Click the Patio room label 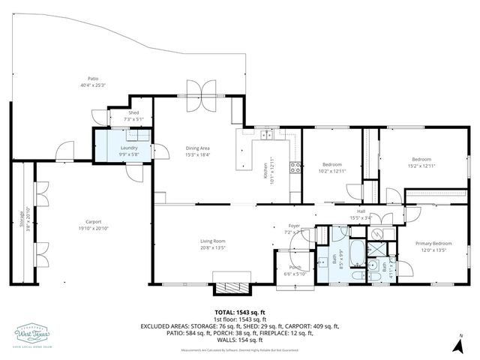pos(93,78)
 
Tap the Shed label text pos(133,112)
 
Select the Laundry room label pos(128,148)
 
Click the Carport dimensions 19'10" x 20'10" pos(93,228)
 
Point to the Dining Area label pos(199,148)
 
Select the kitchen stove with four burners pos(295,167)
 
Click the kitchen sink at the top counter pos(266,135)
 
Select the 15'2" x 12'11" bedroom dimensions pos(421,165)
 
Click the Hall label pos(361,212)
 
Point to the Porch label pos(295,267)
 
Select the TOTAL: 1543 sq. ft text pos(240,311)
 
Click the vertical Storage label pos(22,221)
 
